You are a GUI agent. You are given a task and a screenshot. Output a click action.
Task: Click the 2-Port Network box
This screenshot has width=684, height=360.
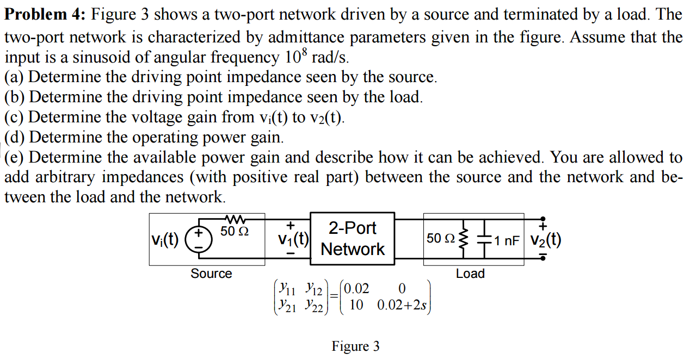(x=352, y=239)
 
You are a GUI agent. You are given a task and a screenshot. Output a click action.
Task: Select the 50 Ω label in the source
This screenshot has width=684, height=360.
(x=235, y=231)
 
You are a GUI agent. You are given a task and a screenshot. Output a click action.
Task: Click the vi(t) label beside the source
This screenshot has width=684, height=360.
(x=165, y=239)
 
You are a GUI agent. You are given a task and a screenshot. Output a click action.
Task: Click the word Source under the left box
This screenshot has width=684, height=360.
(x=211, y=274)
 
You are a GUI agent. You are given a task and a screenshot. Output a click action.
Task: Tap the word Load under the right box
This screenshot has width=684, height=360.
(x=470, y=274)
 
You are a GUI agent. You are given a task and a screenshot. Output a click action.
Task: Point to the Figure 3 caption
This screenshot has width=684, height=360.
(x=356, y=346)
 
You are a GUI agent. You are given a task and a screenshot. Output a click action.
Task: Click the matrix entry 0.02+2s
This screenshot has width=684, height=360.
(x=402, y=305)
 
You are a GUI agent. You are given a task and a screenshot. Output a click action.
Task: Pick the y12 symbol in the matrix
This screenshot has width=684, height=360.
(x=315, y=288)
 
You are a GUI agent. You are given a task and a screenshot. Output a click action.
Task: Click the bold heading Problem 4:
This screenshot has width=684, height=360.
(x=45, y=15)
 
